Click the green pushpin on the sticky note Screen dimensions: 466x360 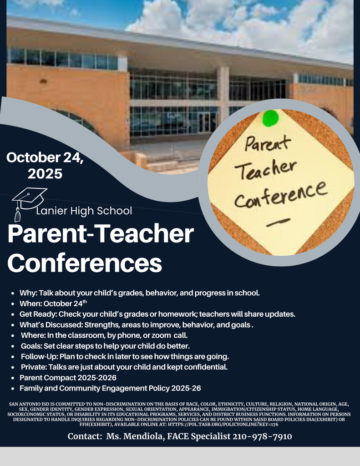270,118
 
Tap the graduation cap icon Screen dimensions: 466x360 28,199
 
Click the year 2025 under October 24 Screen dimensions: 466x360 45,173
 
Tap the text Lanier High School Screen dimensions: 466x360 84,211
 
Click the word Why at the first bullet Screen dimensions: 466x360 28,293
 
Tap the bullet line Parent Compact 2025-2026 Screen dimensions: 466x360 68,378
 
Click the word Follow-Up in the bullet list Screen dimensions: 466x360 39,356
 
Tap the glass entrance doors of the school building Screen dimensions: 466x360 207,122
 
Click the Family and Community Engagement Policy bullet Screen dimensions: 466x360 110,388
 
